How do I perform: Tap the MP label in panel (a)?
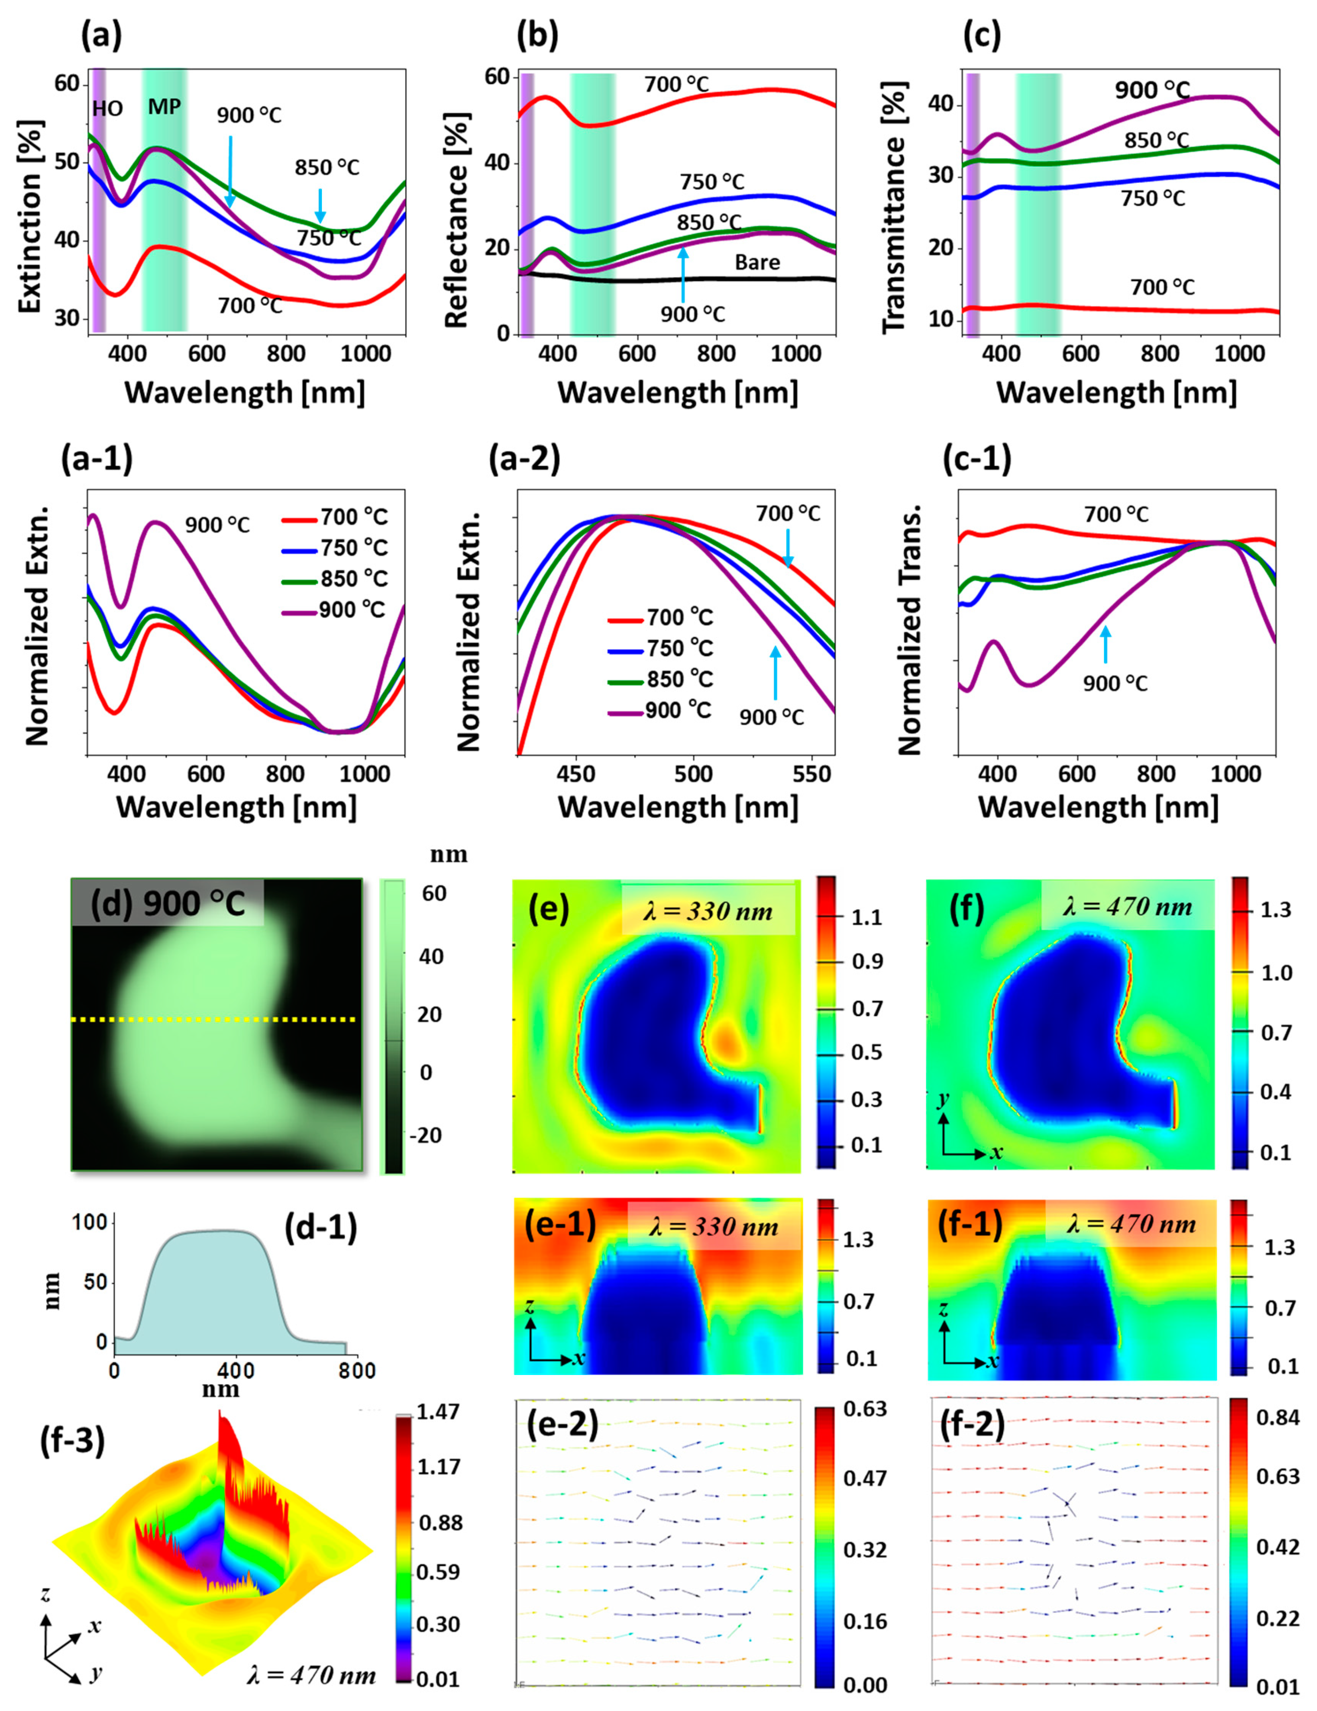pos(164,107)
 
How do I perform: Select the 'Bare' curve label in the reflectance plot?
pos(757,262)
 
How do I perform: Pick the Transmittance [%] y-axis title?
pos(894,208)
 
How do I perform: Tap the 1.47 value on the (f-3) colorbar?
pos(439,1412)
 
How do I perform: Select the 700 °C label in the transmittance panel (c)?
pos(1162,287)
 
